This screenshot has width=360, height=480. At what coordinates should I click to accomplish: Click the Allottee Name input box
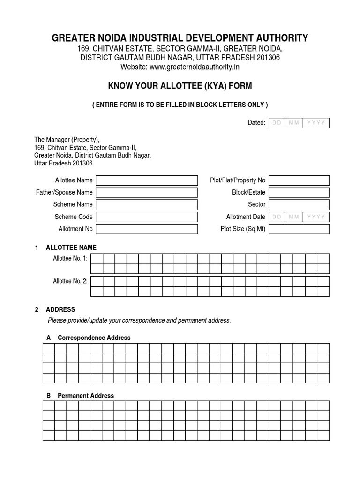click(147, 180)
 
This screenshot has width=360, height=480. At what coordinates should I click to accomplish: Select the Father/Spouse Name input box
click(147, 193)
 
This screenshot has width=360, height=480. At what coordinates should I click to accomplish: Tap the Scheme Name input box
click(147, 205)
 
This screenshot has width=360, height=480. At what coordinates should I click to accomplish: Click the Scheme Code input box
click(147, 217)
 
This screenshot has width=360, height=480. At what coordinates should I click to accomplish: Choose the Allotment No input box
click(147, 229)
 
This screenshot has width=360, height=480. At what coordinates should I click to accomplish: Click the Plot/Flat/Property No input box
click(299, 180)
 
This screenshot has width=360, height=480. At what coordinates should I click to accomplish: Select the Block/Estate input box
click(299, 193)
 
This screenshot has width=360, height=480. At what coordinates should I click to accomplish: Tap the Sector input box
click(299, 205)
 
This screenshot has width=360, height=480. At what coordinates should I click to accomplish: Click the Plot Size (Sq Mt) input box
click(299, 229)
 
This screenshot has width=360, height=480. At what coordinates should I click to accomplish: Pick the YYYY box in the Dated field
click(316, 123)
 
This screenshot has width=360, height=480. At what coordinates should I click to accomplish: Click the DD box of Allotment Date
click(277, 217)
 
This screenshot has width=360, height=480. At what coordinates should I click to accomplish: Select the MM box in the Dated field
click(294, 123)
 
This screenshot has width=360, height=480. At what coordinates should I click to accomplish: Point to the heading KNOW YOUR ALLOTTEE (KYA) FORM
click(180, 86)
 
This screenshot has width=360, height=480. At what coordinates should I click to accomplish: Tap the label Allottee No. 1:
click(70, 258)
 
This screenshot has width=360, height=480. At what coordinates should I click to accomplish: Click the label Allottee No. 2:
click(70, 281)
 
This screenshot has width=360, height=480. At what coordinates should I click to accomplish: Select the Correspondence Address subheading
click(94, 337)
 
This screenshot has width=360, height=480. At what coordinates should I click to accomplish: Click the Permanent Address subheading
click(85, 396)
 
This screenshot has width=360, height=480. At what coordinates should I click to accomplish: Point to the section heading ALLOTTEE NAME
click(71, 247)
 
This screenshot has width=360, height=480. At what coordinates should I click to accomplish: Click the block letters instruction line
click(180, 105)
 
